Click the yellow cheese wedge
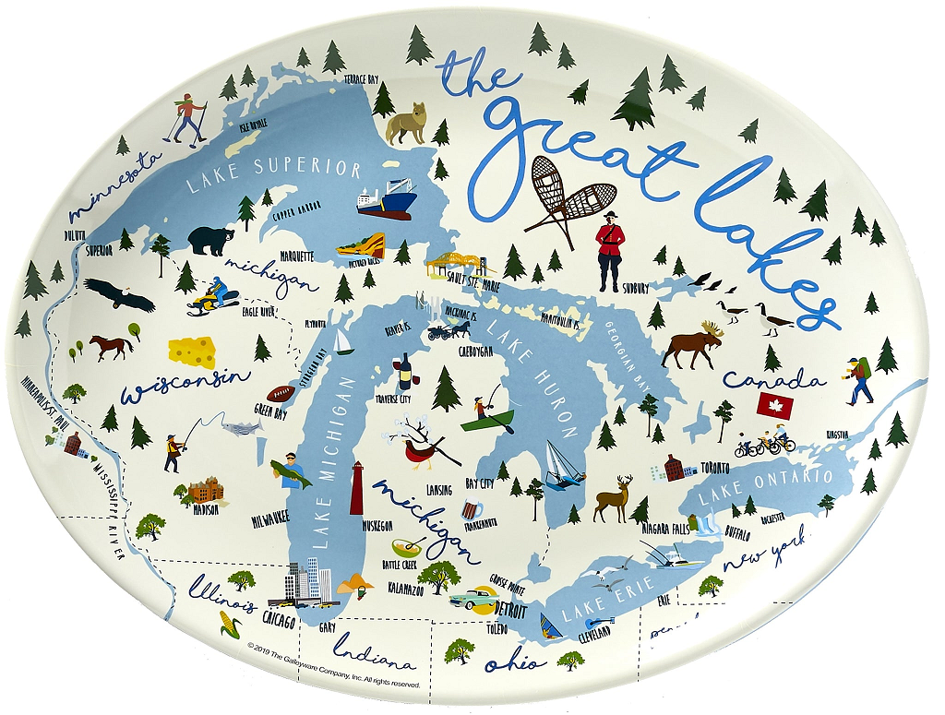(192, 352)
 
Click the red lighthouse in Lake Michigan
(356, 487)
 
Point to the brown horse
(111, 346)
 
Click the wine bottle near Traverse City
(403, 372)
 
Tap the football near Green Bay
(280, 394)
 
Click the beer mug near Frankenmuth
(472, 508)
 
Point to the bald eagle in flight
(118, 293)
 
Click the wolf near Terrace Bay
(407, 123)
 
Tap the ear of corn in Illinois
(229, 627)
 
